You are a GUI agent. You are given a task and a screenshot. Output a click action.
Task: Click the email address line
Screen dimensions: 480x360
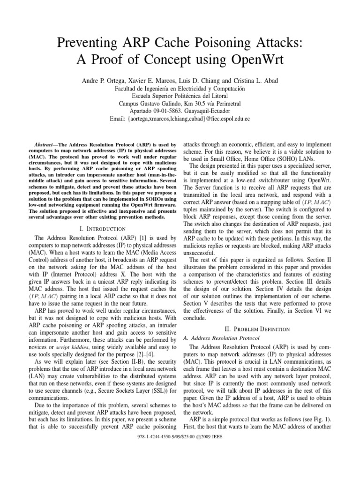(180, 119)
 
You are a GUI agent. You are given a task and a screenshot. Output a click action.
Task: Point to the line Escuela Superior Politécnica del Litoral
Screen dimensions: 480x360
(180, 96)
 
